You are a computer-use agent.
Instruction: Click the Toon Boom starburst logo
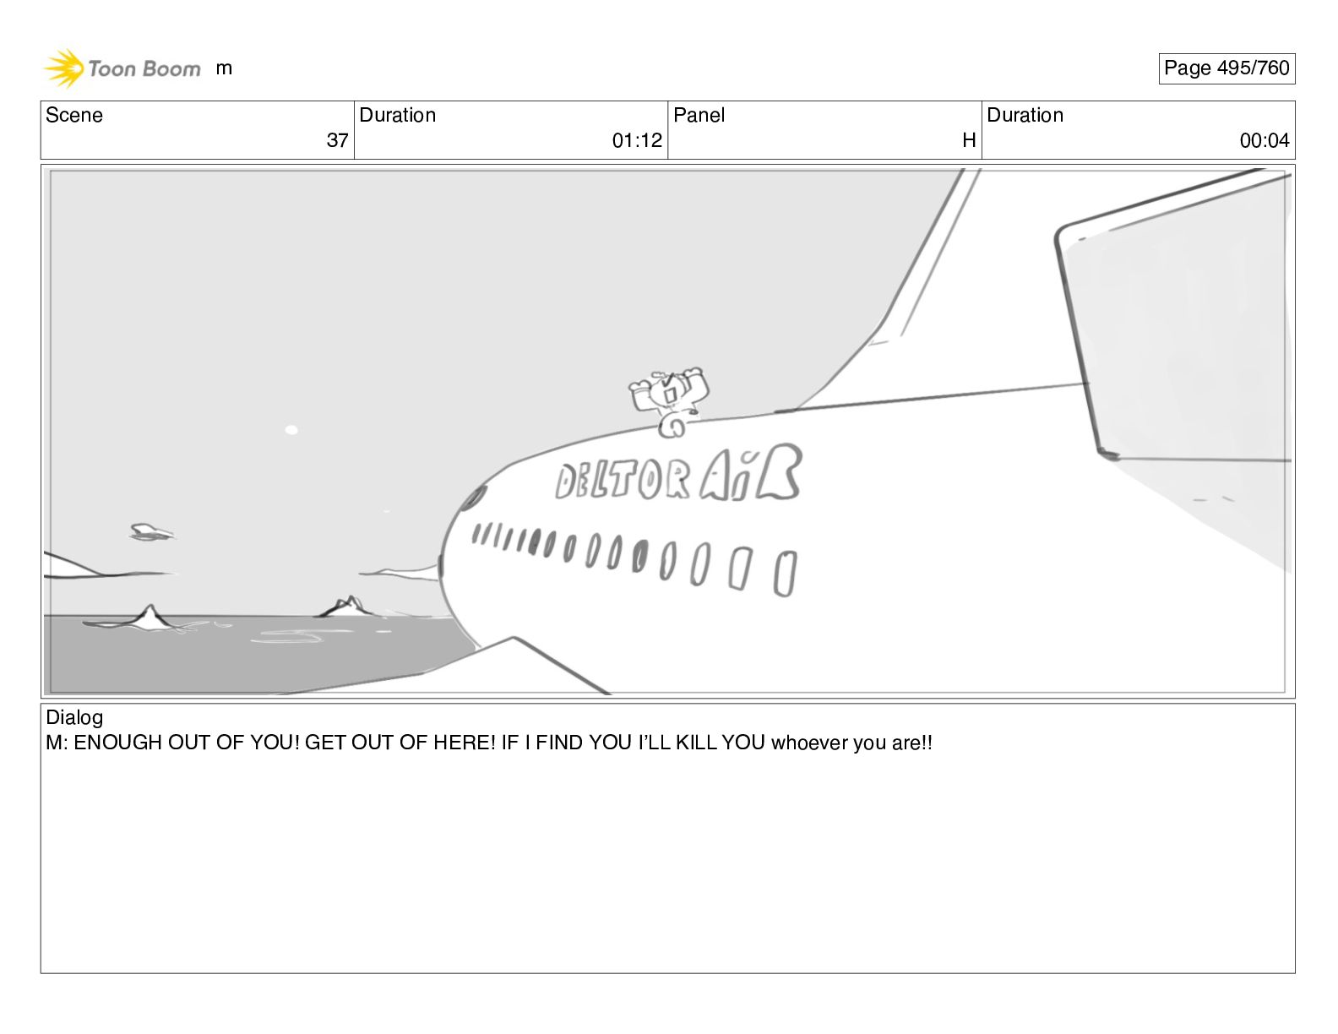[x=64, y=68]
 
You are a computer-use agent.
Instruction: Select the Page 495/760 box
[x=1226, y=68]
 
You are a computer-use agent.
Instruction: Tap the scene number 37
[x=337, y=140]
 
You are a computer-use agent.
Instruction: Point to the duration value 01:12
[x=637, y=140]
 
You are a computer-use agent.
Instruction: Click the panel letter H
[x=969, y=140]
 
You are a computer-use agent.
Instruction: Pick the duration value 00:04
[x=1265, y=140]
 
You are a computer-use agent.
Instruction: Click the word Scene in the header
[x=73, y=115]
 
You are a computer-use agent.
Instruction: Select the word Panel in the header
[x=699, y=115]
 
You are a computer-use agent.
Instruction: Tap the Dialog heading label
[x=74, y=717]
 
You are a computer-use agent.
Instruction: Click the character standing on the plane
[x=669, y=401]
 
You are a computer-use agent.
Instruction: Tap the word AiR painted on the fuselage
[x=751, y=473]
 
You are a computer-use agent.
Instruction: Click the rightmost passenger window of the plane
[x=785, y=574]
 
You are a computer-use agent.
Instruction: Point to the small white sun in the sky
[x=292, y=430]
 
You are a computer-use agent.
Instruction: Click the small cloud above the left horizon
[x=151, y=532]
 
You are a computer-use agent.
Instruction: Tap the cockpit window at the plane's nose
[x=473, y=497]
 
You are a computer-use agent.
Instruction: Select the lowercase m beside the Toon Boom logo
[x=224, y=68]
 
